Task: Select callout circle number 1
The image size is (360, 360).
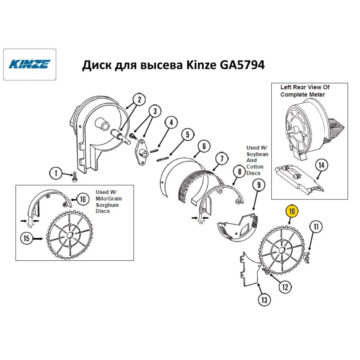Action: click(56, 174)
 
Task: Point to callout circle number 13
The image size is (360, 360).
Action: click(265, 299)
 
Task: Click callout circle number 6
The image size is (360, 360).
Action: click(204, 147)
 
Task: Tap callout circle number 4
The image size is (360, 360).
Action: click(171, 123)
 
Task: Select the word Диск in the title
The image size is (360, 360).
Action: click(95, 66)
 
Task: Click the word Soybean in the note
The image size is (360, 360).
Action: click(257, 154)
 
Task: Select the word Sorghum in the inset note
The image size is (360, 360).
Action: click(108, 205)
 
